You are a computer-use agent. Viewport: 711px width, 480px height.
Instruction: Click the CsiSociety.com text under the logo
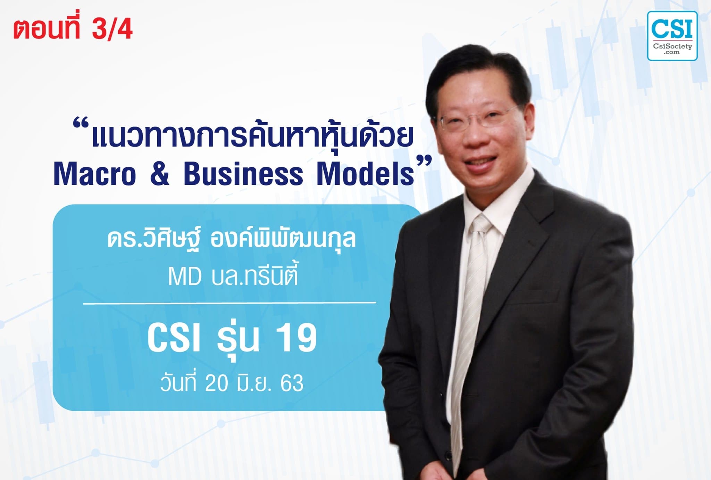(x=672, y=48)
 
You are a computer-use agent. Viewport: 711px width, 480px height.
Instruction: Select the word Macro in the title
(x=95, y=174)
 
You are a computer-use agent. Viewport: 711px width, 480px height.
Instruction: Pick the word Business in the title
(x=243, y=174)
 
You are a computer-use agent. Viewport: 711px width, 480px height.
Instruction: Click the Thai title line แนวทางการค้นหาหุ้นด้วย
(x=252, y=136)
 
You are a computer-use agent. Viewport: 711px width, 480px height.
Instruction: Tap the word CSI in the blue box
(x=174, y=338)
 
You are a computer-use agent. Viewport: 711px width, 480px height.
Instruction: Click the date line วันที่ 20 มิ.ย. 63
(x=232, y=383)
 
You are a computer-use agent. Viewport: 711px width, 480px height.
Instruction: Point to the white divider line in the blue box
(x=229, y=303)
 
